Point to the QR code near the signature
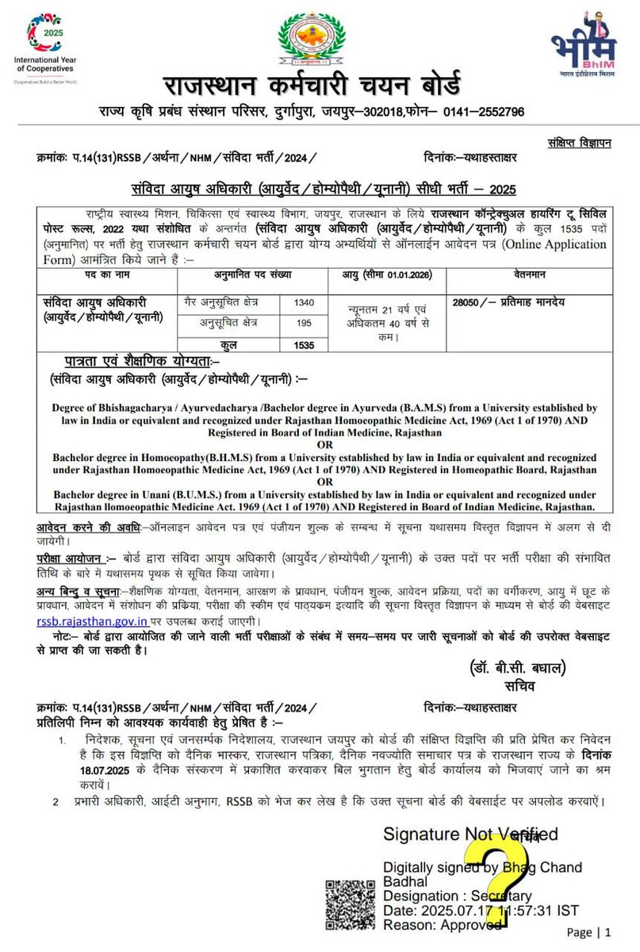click(x=347, y=903)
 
